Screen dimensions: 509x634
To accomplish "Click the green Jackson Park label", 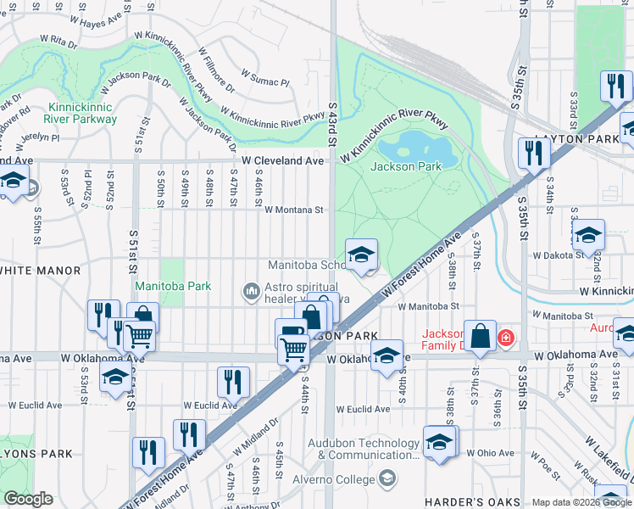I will (406, 166).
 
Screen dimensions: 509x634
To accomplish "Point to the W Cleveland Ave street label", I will (282, 160).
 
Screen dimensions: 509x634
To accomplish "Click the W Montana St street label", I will (294, 210).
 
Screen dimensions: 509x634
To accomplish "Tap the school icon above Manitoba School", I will (361, 255).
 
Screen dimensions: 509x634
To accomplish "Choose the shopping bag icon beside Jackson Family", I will (480, 335).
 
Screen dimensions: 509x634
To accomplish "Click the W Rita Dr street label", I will (58, 39).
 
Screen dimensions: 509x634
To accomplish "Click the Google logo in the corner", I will (28, 499).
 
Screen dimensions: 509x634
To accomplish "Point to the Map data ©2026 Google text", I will (581, 502).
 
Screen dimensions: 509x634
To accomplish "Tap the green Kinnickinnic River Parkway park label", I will (82, 114).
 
